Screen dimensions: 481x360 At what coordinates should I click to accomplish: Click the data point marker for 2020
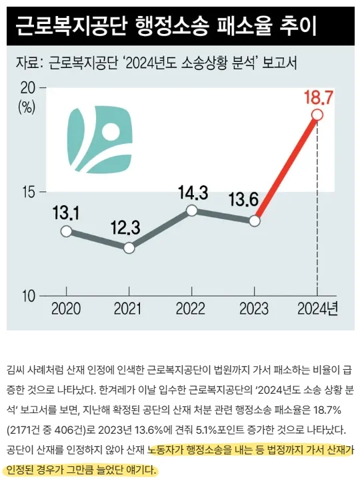click(x=65, y=231)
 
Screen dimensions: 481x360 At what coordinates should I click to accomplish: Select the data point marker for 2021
click(x=129, y=248)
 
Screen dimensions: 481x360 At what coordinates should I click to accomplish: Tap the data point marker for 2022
click(x=192, y=211)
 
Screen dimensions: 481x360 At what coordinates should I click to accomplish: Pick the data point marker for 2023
click(x=254, y=221)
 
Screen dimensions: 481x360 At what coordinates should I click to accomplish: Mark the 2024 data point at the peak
click(x=317, y=115)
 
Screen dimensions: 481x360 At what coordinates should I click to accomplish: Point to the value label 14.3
click(x=193, y=193)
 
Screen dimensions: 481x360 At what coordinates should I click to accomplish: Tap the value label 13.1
click(x=66, y=213)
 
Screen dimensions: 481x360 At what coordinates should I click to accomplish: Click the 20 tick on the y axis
click(x=29, y=88)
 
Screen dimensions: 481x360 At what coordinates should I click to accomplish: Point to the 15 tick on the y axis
click(x=29, y=193)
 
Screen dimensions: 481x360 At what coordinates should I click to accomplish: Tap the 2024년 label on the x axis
click(x=317, y=310)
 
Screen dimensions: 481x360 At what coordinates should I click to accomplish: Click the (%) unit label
click(x=27, y=106)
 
